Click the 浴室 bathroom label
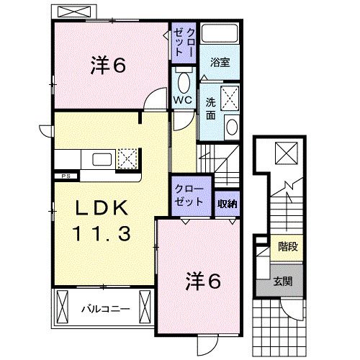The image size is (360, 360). tap(220, 63)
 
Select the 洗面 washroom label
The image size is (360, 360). tap(212, 108)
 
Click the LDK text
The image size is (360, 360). tap(103, 209)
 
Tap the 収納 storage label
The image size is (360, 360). tap(228, 203)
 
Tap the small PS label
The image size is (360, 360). tap(64, 175)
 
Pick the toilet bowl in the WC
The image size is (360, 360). tap(182, 79)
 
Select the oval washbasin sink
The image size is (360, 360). tap(232, 127)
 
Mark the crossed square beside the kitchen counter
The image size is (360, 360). tap(128, 158)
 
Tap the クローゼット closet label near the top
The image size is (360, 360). tap(180, 42)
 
